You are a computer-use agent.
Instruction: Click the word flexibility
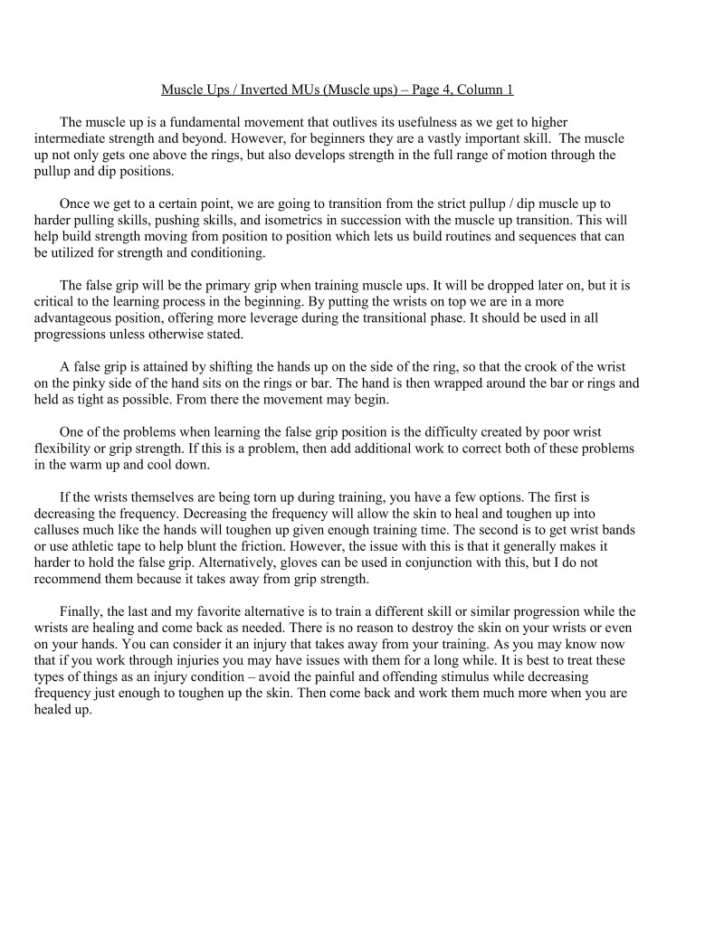[66, 448]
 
